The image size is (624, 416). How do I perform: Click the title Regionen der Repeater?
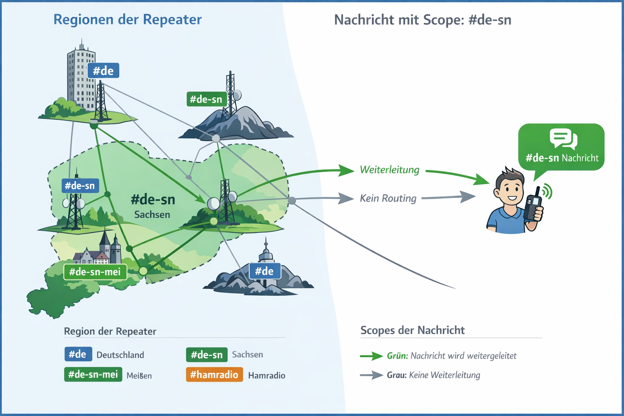(x=127, y=19)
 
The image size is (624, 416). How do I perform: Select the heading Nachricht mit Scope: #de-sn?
(x=422, y=20)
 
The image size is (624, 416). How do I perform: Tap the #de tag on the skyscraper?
(x=103, y=71)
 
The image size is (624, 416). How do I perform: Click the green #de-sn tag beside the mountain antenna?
(x=206, y=99)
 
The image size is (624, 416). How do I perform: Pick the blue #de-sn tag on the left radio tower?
(x=80, y=186)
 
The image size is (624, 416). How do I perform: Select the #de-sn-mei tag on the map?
(x=95, y=272)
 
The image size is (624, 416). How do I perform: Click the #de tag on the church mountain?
(x=264, y=271)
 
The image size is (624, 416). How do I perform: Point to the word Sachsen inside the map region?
(x=152, y=214)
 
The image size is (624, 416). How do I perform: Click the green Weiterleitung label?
(x=389, y=170)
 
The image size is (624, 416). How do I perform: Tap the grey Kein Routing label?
(x=388, y=198)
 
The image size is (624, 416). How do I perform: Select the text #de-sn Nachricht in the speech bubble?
(x=562, y=158)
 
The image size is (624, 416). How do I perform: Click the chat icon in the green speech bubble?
(x=563, y=139)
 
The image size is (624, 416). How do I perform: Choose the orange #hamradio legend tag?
(x=214, y=375)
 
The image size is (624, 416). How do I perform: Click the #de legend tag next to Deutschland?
(x=78, y=354)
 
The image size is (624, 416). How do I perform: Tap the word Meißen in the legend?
(x=139, y=376)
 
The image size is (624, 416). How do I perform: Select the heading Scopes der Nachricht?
(x=412, y=330)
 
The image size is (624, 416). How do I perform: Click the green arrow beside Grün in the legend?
(x=371, y=356)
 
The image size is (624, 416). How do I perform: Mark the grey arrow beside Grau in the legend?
(x=371, y=375)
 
